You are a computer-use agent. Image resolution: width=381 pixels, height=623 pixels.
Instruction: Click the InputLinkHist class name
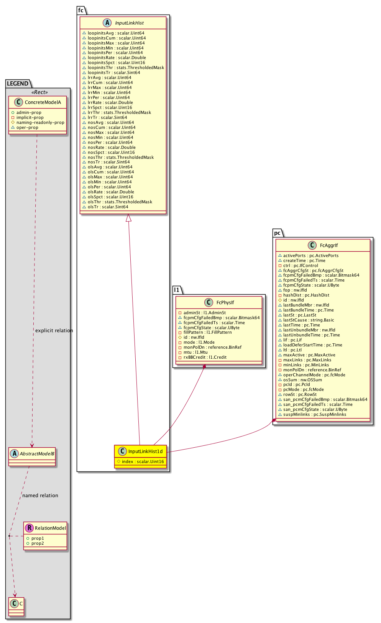129,23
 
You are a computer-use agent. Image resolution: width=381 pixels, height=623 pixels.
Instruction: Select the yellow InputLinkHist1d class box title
145,452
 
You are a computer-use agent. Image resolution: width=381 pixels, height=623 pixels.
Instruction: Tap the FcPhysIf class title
225,303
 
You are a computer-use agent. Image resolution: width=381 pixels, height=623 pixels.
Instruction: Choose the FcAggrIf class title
329,246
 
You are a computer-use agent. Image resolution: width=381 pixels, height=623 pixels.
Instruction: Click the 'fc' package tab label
81,10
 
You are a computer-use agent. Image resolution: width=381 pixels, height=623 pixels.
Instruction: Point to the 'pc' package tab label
277,233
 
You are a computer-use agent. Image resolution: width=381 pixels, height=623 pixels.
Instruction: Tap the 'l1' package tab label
177,290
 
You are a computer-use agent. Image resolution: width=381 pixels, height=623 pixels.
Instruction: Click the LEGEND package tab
18,84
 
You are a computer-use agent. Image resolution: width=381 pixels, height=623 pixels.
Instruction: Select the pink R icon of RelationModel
29,528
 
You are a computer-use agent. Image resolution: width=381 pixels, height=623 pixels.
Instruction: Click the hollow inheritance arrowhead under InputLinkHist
129,218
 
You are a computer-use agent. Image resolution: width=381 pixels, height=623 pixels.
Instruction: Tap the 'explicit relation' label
54,331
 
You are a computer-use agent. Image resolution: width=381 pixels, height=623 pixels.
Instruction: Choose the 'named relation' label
40,496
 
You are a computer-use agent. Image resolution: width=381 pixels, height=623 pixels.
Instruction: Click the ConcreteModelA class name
43,102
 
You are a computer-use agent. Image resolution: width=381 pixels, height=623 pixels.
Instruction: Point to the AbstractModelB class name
37,454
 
